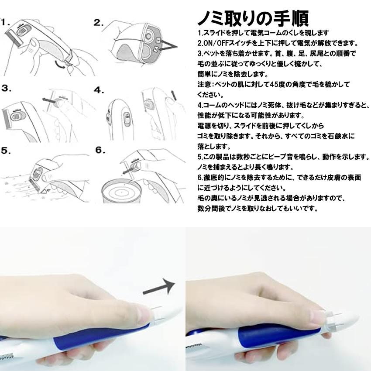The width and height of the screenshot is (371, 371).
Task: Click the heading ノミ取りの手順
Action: (253, 18)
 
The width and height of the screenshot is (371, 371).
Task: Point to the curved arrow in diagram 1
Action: (61, 65)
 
